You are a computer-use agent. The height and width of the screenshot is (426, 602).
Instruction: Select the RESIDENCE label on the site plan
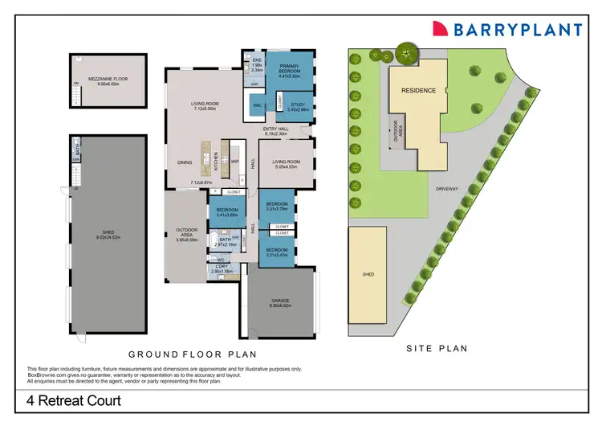pos(420,90)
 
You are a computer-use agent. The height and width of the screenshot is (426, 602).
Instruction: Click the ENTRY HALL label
pos(276,128)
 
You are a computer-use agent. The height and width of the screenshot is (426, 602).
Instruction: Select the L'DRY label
pos(221,268)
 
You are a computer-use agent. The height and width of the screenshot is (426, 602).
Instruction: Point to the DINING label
pos(185,163)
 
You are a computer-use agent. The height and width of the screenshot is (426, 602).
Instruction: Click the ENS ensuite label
pos(257,60)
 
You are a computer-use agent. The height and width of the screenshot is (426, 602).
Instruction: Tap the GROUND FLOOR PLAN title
pos(192,354)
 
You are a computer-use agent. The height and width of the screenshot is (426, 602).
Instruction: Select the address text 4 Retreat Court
pos(72,400)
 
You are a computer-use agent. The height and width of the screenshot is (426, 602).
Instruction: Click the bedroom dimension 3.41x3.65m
pos(230,215)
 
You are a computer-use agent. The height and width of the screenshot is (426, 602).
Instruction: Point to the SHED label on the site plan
pos(368,274)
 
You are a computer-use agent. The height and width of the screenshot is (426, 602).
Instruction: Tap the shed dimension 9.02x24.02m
pos(108,238)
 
